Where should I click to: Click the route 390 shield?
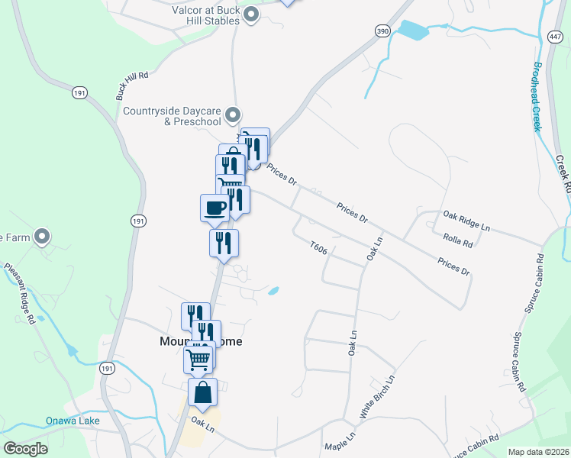pos(383,30)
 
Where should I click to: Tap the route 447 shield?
pos(555,37)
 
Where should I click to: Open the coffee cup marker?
pos(215,208)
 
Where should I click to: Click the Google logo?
pos(25,449)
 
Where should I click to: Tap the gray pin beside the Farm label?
pos(44,237)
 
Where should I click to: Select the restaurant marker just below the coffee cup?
pos(224,244)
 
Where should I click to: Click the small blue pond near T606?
pos(273,291)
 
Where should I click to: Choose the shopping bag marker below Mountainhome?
pos(202,392)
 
